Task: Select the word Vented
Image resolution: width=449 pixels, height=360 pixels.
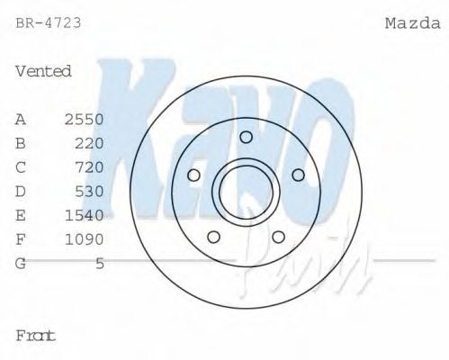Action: tap(43, 71)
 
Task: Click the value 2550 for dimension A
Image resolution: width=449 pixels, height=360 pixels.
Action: tap(85, 119)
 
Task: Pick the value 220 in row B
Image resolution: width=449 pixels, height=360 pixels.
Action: tap(91, 143)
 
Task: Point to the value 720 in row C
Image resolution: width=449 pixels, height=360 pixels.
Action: tap(91, 167)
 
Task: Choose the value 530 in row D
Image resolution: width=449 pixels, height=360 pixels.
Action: tap(91, 191)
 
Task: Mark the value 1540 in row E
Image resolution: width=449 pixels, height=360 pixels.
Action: tap(85, 215)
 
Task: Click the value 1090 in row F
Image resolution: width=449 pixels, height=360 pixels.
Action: tap(85, 239)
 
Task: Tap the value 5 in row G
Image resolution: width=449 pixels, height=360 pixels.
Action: tap(100, 263)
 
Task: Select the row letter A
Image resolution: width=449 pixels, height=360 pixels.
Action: tap(21, 119)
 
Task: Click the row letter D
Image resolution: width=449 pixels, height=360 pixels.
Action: tap(21, 191)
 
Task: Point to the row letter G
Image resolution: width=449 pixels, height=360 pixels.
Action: tap(21, 263)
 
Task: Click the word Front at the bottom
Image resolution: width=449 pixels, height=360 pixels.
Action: tap(36, 335)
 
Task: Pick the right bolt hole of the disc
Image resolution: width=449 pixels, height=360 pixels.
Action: tap(299, 175)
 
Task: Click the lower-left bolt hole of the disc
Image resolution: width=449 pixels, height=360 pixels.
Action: tap(213, 237)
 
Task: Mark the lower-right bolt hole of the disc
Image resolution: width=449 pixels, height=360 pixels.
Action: tap(278, 237)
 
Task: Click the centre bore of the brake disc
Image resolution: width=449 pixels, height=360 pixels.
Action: tap(246, 191)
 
